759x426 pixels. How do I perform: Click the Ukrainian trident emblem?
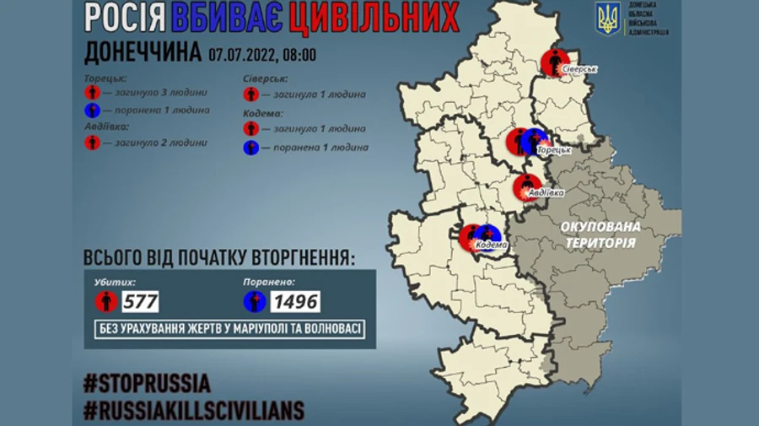(608, 19)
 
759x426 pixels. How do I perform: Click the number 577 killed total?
(139, 301)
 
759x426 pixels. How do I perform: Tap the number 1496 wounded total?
(295, 301)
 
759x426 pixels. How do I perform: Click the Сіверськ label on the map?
(580, 68)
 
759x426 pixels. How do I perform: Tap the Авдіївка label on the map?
(545, 192)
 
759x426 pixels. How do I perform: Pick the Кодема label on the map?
(491, 245)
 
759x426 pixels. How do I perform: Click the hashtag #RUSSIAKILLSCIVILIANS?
(194, 410)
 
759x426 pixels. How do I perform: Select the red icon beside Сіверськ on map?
(552, 61)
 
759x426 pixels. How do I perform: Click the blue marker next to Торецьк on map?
(535, 141)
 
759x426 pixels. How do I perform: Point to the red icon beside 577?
(106, 301)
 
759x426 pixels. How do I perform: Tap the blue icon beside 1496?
(255, 301)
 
